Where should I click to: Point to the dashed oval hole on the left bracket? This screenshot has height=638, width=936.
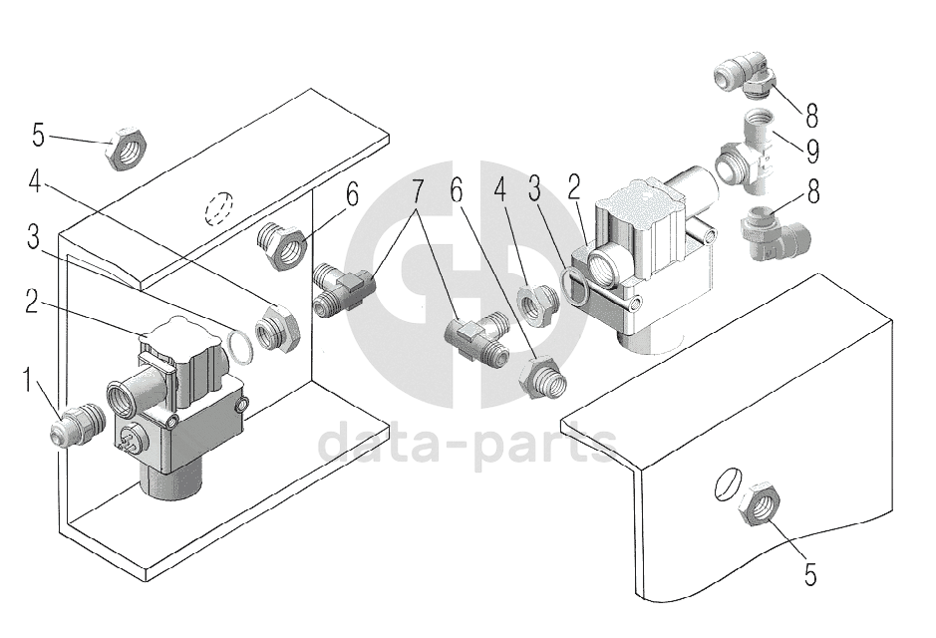click(x=218, y=209)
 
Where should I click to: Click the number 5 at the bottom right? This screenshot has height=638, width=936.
click(x=809, y=575)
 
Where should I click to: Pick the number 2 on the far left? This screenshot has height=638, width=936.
click(x=32, y=303)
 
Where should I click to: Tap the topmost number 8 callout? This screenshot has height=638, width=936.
click(x=813, y=116)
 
